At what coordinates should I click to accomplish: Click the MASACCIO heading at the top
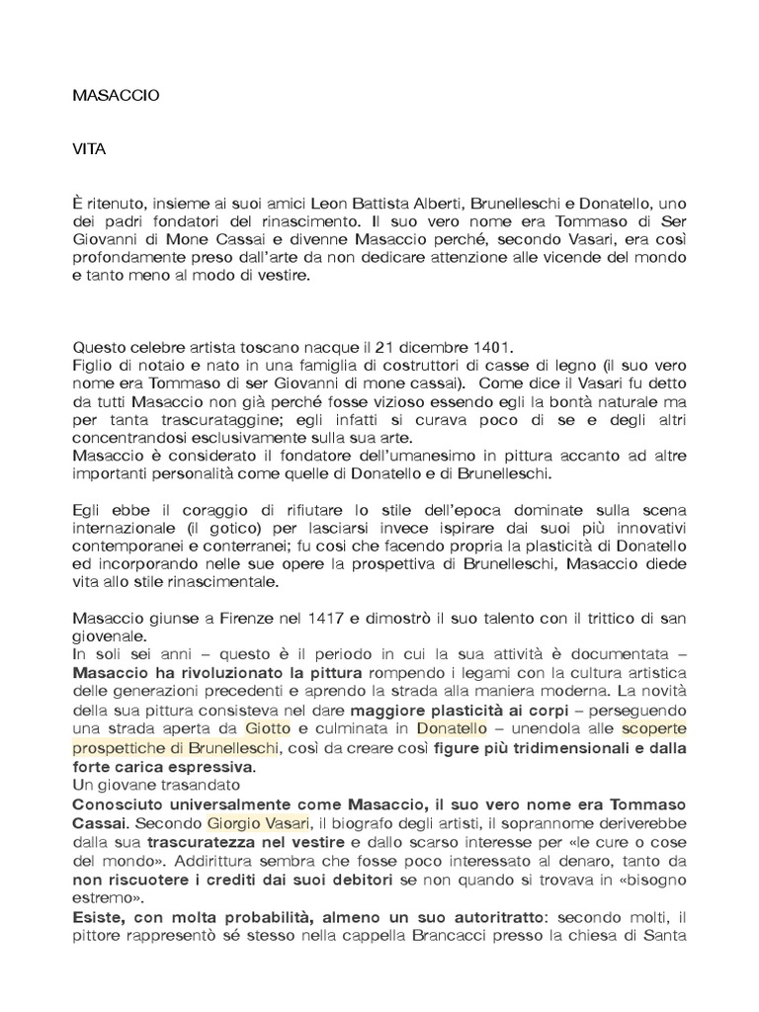(116, 96)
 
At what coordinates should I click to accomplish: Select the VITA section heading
(89, 151)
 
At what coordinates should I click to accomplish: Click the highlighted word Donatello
(452, 728)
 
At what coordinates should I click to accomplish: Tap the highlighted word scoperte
(653, 728)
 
